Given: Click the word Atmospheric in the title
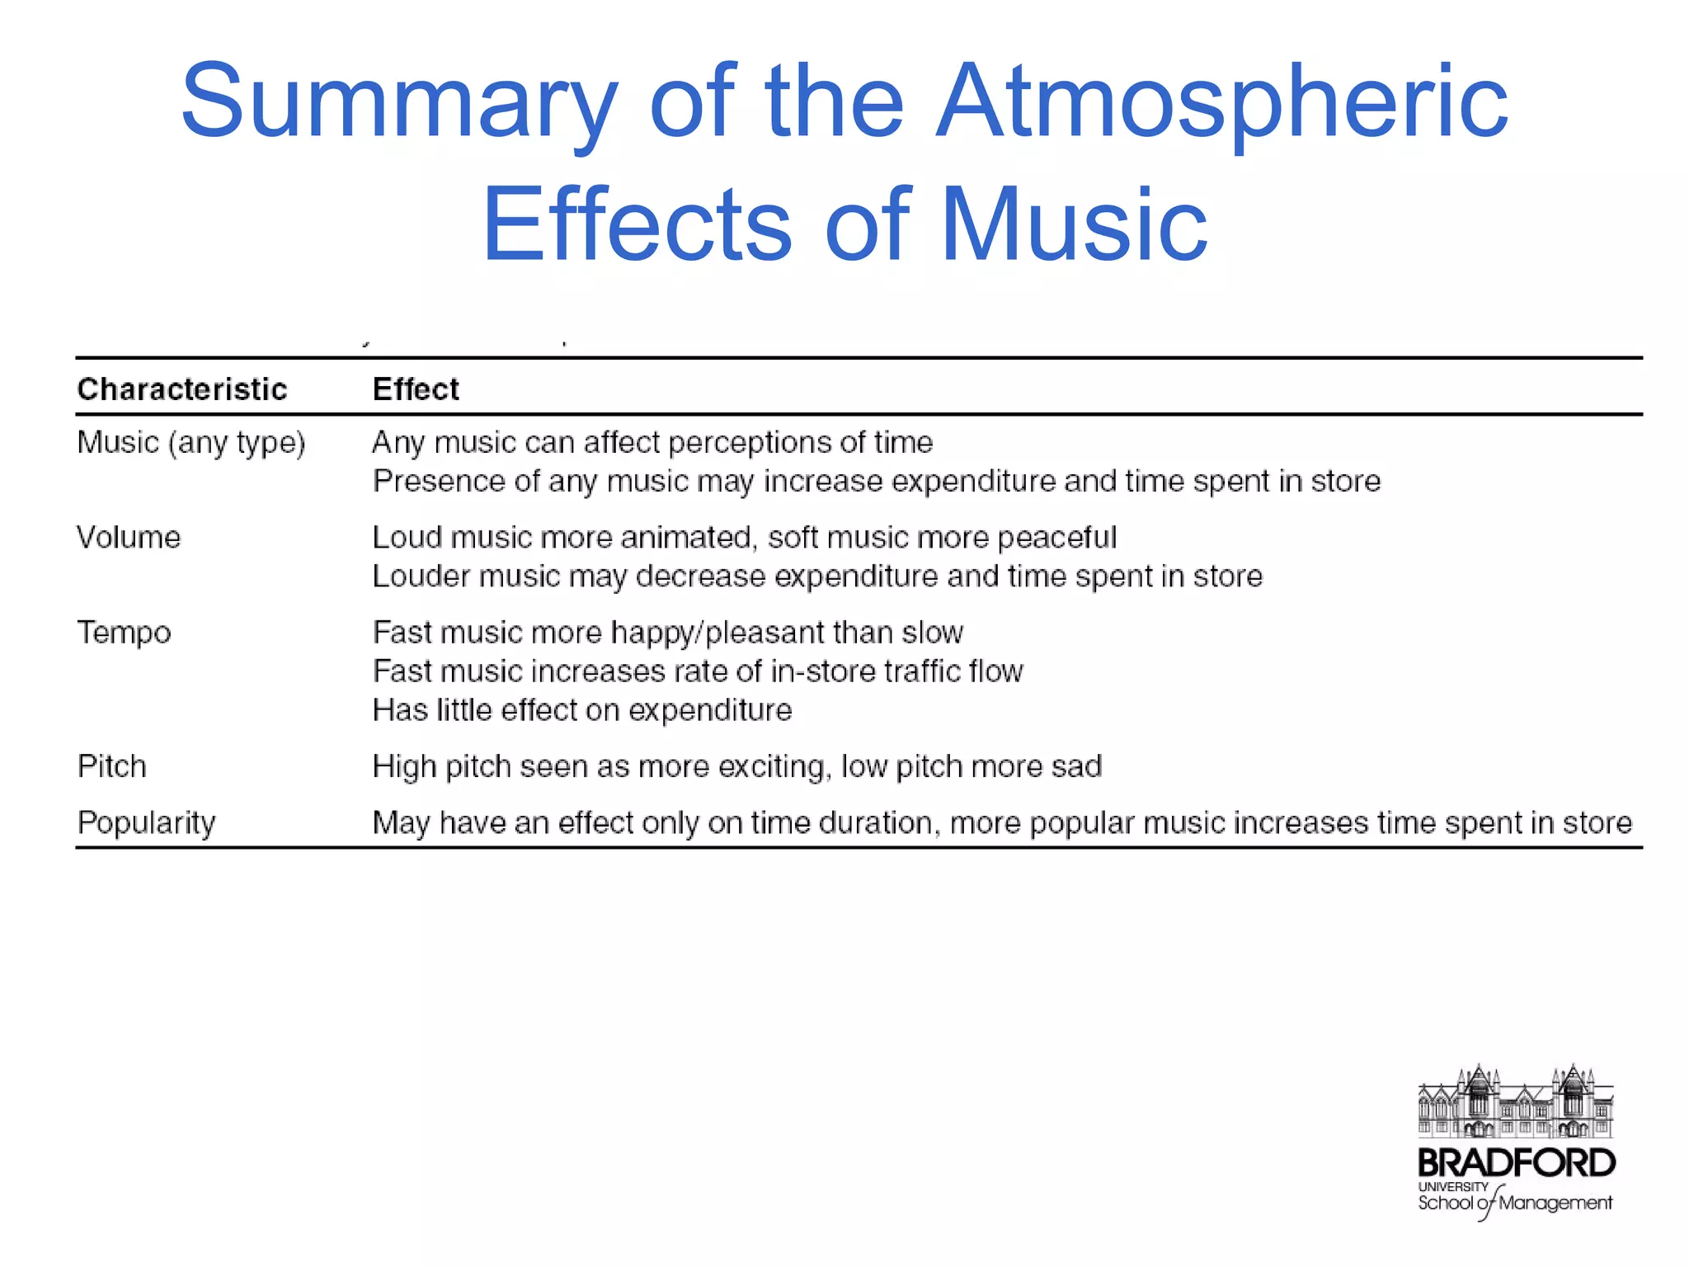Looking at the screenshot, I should pos(1221,102).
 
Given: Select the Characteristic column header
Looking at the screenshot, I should pos(182,389).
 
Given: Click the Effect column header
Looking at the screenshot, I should pos(416,389).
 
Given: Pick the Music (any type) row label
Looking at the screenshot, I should pos(191,444).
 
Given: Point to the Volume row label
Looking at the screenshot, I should pos(129,538).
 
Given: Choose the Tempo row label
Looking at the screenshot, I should pos(125,633).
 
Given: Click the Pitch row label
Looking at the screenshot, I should pos(112,767).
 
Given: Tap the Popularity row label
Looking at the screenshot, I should pos(147,823).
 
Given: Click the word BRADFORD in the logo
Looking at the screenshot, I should pos(1516,1164).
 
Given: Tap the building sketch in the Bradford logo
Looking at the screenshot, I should pos(1516,1101).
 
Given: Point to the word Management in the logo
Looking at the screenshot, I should pos(1555,1203).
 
